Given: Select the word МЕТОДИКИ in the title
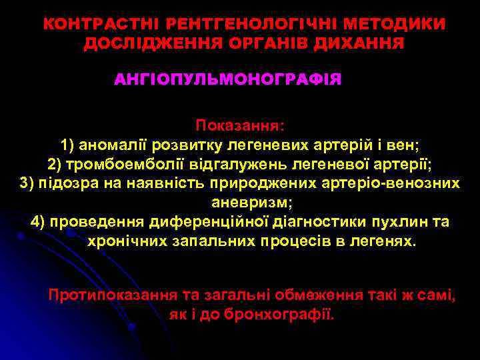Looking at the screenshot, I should pyautogui.click(x=404, y=24).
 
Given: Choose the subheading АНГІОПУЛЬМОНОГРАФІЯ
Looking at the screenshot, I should pyautogui.click(x=228, y=80).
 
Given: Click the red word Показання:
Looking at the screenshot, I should pyautogui.click(x=239, y=125).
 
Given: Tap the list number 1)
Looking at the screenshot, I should pyautogui.click(x=69, y=144).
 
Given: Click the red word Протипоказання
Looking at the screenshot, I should pyautogui.click(x=113, y=294).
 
